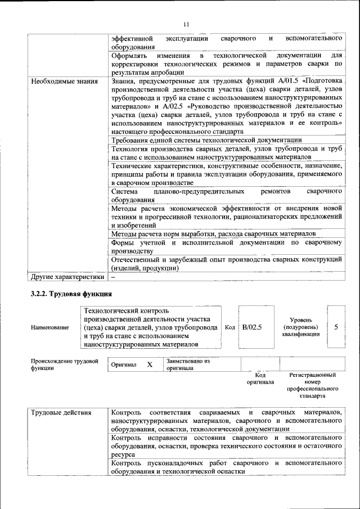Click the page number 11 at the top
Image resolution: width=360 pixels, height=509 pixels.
click(186, 24)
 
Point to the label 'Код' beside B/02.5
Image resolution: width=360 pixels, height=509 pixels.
click(229, 327)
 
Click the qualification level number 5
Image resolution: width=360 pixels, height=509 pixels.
click(336, 327)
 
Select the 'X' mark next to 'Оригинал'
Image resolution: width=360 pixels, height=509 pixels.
click(150, 364)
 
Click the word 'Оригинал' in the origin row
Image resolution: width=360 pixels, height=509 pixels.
click(124, 364)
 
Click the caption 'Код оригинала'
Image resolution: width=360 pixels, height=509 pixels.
click(260, 378)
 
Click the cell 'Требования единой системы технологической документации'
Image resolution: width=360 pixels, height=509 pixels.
click(206, 140)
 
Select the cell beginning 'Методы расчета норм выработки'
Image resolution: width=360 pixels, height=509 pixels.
click(213, 233)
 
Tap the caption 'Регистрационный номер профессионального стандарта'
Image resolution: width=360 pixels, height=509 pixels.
click(312, 385)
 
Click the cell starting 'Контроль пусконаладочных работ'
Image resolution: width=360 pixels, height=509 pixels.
click(226, 467)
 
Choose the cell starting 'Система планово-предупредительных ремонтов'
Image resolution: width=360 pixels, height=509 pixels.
click(226, 195)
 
